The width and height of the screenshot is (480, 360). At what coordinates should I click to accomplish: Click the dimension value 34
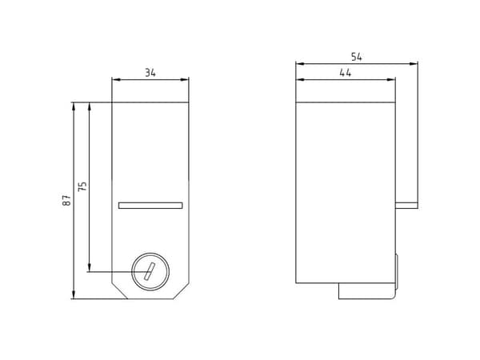[150, 73]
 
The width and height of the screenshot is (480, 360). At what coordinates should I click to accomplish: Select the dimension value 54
[356, 57]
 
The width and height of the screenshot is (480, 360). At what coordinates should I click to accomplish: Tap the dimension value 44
[346, 73]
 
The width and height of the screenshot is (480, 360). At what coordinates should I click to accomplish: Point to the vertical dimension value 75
[82, 186]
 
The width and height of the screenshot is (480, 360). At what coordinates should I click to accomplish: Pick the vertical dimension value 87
[66, 200]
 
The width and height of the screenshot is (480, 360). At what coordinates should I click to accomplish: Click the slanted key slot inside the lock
[150, 271]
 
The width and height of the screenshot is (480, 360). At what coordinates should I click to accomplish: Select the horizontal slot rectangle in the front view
[150, 206]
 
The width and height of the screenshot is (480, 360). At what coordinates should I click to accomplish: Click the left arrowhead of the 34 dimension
[116, 79]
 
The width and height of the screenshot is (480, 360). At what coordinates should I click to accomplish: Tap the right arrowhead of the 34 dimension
[185, 79]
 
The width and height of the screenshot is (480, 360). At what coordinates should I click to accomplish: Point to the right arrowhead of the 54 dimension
[414, 64]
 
